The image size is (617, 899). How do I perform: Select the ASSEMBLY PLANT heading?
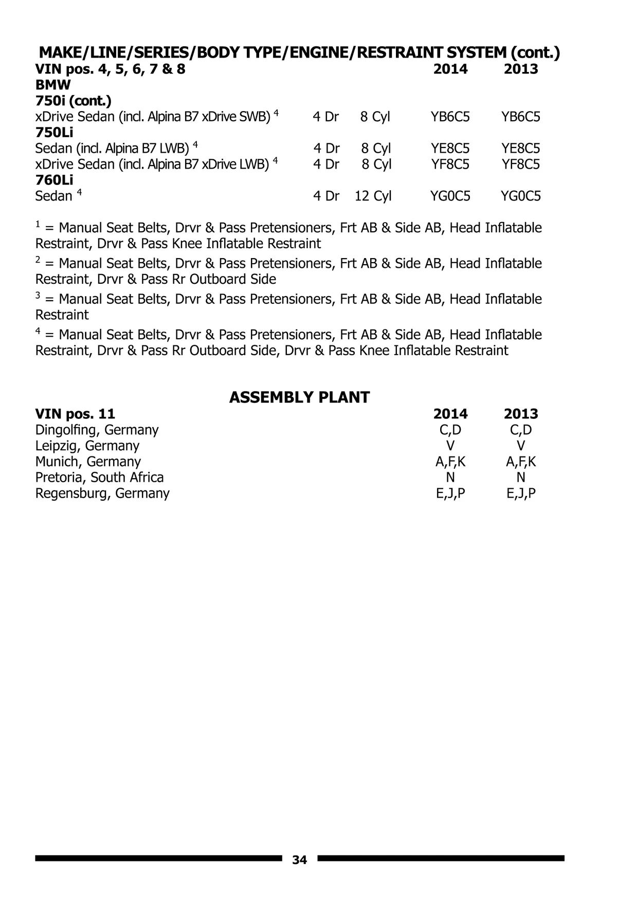pos(299,397)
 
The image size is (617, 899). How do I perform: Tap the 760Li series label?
pos(54,180)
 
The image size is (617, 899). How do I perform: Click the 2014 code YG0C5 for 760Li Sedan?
pos(450,196)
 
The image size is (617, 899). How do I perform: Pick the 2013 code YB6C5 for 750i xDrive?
pos(521,117)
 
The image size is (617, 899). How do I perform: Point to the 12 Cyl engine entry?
pos(373,196)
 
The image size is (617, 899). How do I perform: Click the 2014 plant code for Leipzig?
pos(450,446)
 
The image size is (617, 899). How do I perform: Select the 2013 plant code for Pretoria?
pos(521,478)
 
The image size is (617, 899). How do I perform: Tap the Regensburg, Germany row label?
pos(102,493)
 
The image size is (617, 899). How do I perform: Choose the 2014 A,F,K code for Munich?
pos(450,462)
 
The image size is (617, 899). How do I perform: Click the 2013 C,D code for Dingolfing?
pos(521,430)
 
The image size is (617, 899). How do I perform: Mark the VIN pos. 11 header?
pos(75,414)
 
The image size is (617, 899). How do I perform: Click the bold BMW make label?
pos(53,84)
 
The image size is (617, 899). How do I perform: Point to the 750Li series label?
pos(54,133)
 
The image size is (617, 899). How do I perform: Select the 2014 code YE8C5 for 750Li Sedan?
pos(450,149)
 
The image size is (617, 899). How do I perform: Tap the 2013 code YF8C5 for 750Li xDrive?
pos(521,164)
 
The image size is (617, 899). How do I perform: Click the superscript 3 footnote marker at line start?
pos(38,296)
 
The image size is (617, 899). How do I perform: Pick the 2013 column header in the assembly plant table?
pos(521,414)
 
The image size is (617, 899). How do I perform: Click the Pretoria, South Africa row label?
pos(99,478)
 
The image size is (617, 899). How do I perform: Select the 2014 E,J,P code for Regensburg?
pos(450,493)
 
